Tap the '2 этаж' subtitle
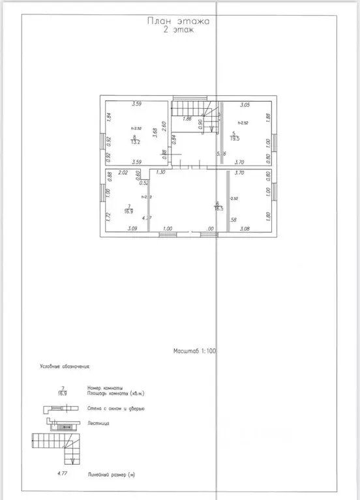click(x=178, y=30)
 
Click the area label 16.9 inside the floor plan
click(x=128, y=211)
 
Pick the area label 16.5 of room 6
click(x=219, y=208)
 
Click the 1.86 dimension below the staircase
click(x=187, y=119)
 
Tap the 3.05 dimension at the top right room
click(x=245, y=104)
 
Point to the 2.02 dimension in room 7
click(x=124, y=173)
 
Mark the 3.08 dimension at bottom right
click(x=245, y=229)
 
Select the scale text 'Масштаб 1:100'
click(x=195, y=351)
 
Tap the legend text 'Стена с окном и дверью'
click(x=115, y=408)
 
